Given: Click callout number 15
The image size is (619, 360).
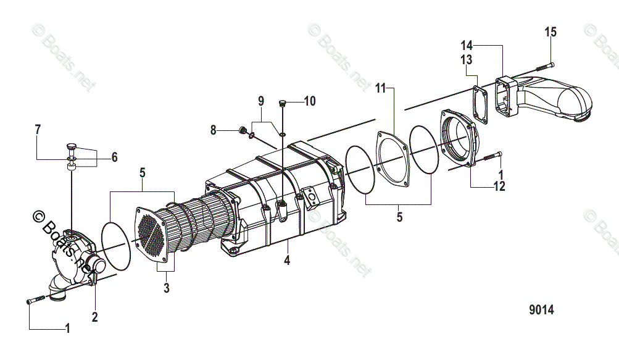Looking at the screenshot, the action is point(550,32).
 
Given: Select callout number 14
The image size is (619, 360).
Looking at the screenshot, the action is point(467,44).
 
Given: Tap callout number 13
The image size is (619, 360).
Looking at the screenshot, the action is point(467,59).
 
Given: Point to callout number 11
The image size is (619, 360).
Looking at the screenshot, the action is point(380,88).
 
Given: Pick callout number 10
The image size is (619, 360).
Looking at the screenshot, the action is point(309,101).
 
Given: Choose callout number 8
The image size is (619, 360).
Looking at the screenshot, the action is point(214,130).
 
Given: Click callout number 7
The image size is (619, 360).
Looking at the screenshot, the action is point(38,129).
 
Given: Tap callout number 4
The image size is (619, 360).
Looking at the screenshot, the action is point(286,261).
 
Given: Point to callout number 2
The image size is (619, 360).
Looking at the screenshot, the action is point(94,317).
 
